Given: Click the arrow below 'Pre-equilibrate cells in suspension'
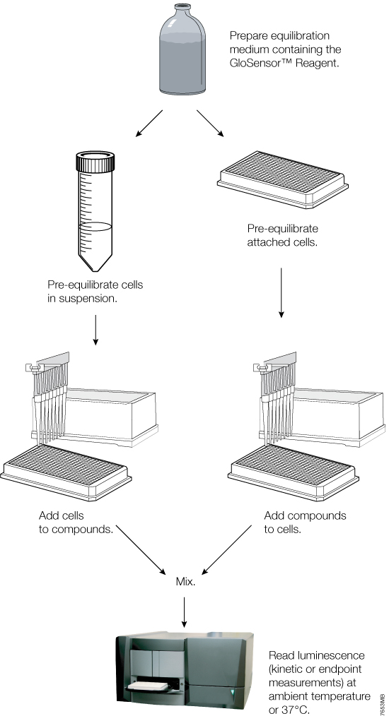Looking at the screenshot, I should coord(95,330).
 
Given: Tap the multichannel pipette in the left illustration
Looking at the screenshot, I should coord(49,402).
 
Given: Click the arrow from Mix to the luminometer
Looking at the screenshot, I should coord(185,611).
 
